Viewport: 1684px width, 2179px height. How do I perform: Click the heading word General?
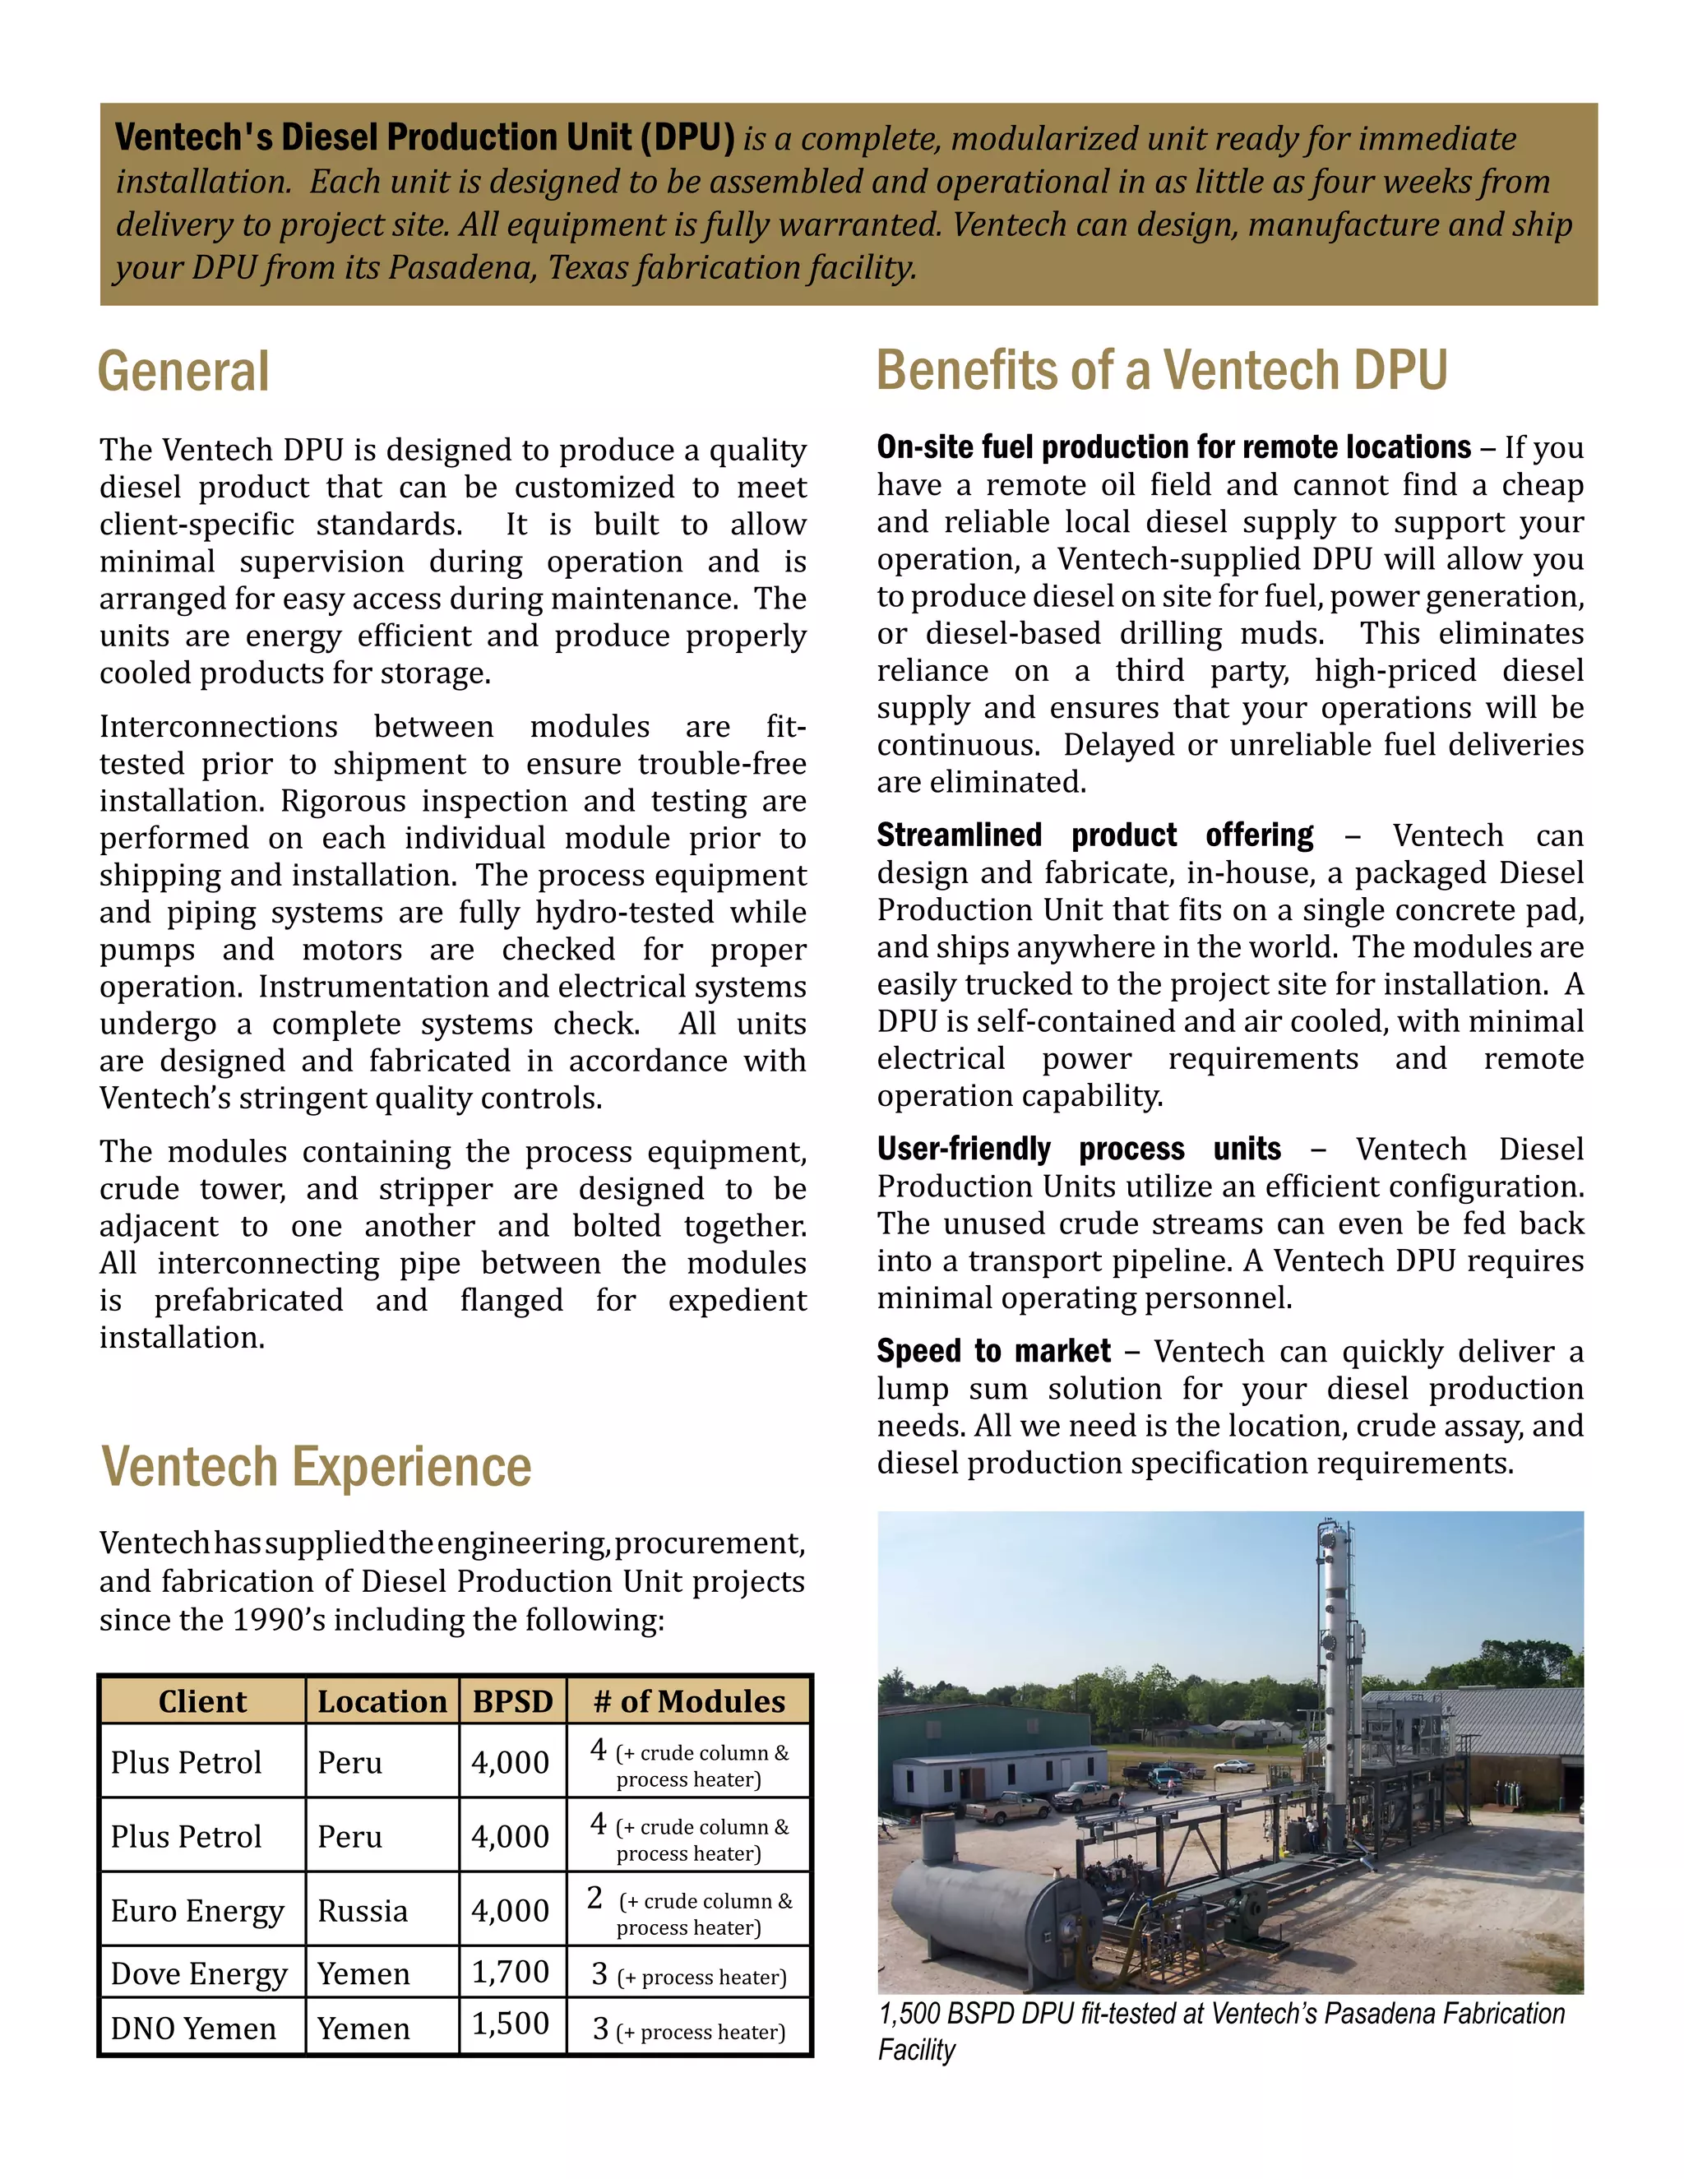(183, 372)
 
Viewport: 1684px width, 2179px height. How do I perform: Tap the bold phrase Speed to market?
(992, 1351)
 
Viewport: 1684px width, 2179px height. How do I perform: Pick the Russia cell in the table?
(362, 1911)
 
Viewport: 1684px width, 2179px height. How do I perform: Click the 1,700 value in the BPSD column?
(510, 1973)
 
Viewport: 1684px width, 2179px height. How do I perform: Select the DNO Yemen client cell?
(193, 2029)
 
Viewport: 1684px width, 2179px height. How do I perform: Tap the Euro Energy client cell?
(197, 1911)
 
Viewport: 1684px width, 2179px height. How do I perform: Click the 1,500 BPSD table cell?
(510, 2024)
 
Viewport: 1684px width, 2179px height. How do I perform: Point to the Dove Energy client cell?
(198, 1974)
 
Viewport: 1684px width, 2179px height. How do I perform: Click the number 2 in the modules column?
(594, 1898)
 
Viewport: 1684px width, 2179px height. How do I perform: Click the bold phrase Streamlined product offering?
(1094, 835)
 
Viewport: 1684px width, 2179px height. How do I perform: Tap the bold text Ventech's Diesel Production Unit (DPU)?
(424, 137)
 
